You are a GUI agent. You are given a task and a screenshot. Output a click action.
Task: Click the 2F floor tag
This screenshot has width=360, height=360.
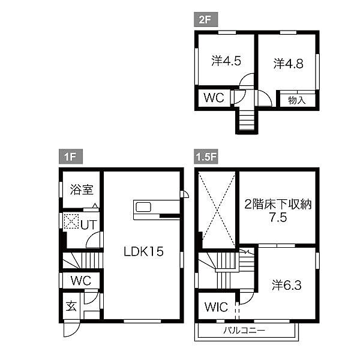coord(205,20)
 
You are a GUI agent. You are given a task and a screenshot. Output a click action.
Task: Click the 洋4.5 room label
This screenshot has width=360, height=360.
coord(226,61)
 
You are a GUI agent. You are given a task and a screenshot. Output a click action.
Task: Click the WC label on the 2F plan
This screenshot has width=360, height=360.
coord(213,98)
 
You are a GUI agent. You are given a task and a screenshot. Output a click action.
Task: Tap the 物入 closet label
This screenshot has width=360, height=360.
coord(296,100)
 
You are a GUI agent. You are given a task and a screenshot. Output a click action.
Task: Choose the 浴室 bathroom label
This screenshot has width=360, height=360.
coord(80,190)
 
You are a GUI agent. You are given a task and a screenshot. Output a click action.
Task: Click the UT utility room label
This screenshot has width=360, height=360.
coord(88,224)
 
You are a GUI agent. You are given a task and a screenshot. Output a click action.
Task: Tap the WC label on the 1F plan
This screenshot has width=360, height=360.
coord(80,280)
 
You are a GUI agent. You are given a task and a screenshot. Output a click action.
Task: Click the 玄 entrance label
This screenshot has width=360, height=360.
coord(71,307)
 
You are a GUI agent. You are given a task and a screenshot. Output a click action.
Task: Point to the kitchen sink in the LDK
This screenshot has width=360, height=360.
coord(145,207)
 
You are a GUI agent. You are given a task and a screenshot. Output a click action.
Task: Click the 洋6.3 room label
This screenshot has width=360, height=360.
coord(286,284)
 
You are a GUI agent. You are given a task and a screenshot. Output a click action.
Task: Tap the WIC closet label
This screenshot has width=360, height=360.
coord(216,307)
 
